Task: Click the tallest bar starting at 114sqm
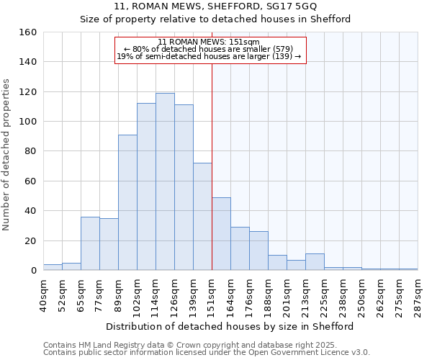(165, 181)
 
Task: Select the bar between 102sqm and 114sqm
(146, 186)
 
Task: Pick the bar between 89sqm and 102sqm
(127, 202)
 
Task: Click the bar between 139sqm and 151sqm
(202, 216)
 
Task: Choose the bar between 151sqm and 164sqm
(221, 233)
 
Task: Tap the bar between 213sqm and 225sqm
(315, 262)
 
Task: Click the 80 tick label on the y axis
(31, 151)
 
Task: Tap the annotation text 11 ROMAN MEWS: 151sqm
(209, 42)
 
